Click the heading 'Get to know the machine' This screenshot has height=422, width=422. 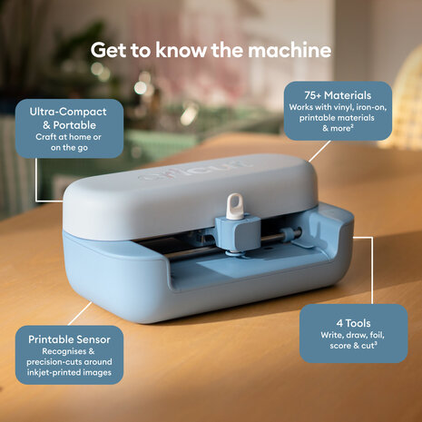(x=211, y=48)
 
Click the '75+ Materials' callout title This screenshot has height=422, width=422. (x=338, y=93)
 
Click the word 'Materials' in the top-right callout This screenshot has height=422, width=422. (x=354, y=93)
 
